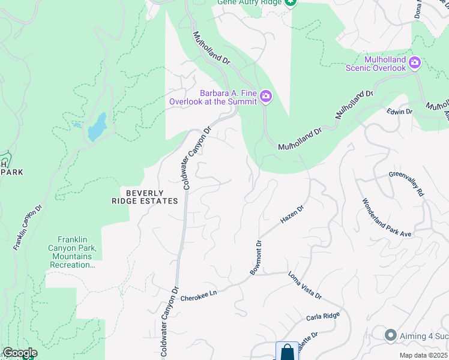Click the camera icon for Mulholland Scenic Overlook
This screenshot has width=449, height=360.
click(414, 62)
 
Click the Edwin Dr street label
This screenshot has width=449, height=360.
click(400, 112)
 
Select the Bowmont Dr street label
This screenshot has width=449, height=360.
click(256, 258)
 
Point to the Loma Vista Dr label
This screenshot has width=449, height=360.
click(305, 286)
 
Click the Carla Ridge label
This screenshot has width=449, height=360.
click(324, 316)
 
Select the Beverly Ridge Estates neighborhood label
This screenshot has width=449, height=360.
click(145, 197)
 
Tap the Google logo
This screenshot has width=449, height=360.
click(20, 353)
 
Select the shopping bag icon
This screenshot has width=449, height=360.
click(287, 351)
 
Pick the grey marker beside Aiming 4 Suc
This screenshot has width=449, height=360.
click(391, 335)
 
